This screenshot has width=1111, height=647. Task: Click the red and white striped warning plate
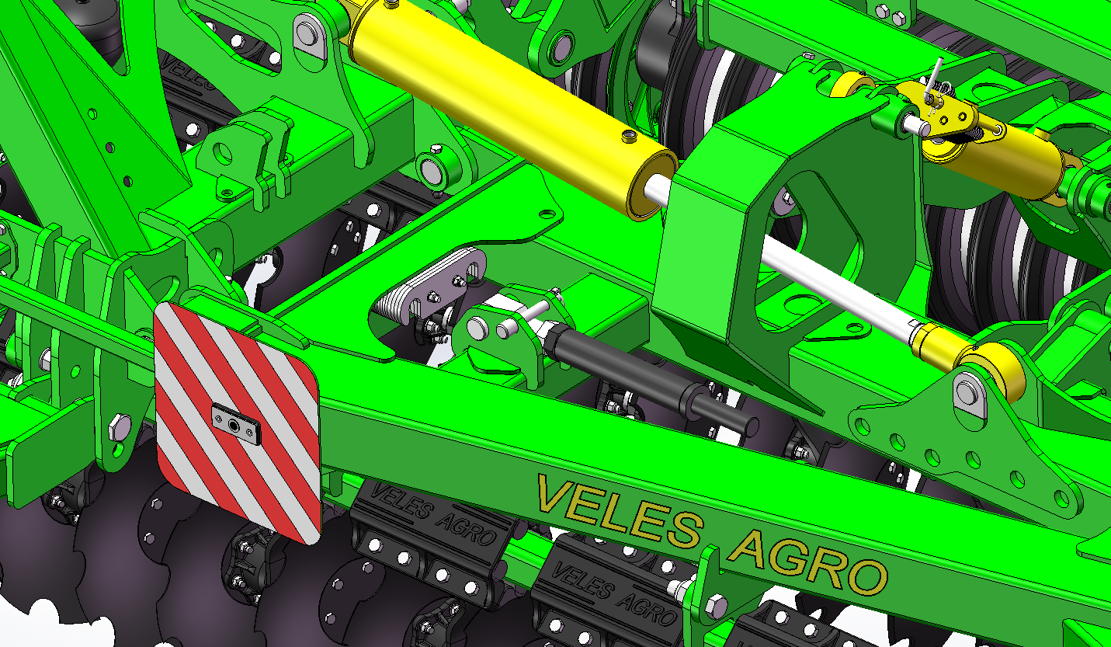[237, 422]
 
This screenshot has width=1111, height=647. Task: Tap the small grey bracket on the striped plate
[236, 424]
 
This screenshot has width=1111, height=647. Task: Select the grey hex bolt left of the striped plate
[119, 426]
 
